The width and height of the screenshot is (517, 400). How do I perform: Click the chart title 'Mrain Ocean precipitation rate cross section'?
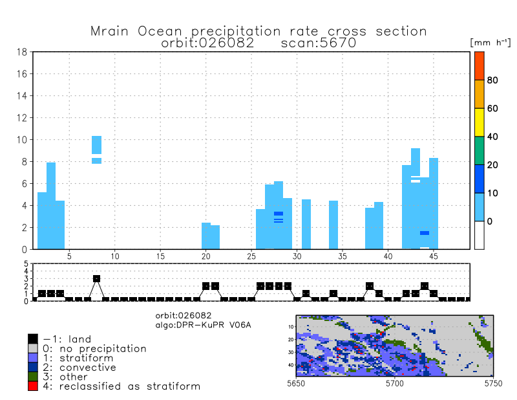click(x=258, y=31)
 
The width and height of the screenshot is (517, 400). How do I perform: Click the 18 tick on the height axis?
click(x=21, y=52)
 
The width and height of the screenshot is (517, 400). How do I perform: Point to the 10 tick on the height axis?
click(x=21, y=140)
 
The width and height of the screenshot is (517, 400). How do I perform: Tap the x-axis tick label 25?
click(x=251, y=256)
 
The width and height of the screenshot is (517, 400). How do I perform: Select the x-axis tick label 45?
click(x=434, y=256)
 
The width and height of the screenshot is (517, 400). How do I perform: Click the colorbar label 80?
click(x=492, y=80)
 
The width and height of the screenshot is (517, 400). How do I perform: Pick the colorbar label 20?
click(x=492, y=165)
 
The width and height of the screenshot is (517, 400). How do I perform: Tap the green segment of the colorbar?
click(x=479, y=150)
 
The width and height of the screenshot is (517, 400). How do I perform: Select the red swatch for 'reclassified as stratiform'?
click(x=32, y=386)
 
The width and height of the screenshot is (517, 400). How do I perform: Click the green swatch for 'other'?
click(x=32, y=377)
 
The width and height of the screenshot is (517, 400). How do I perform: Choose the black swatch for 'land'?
click(x=32, y=339)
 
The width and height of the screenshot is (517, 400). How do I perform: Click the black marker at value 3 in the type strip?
click(x=96, y=278)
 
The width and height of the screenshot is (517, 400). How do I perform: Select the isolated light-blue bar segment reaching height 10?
click(x=96, y=144)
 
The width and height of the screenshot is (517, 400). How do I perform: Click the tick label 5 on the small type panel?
click(x=26, y=264)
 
